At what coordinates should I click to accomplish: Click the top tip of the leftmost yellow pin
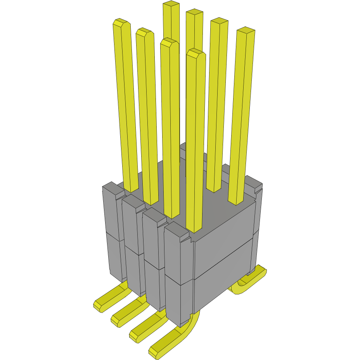coord(121,22)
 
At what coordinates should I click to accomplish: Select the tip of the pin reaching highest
coord(171,4)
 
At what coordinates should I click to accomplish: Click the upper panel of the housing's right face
coord(224,241)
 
